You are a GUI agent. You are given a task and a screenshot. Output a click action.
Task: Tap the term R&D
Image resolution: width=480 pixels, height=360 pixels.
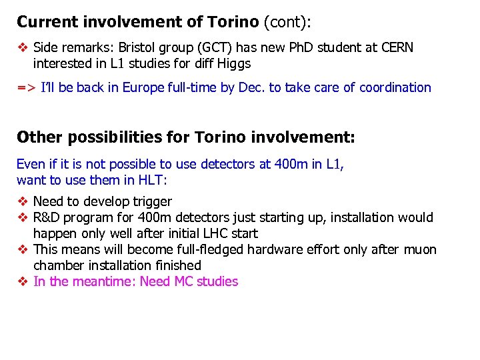point(47,218)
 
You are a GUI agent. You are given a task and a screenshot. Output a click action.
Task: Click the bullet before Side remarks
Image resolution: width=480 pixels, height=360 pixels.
point(22,48)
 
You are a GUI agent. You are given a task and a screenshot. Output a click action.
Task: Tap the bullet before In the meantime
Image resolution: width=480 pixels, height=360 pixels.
point(22,282)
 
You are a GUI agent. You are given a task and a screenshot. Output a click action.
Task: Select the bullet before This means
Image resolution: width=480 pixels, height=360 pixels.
point(22,250)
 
